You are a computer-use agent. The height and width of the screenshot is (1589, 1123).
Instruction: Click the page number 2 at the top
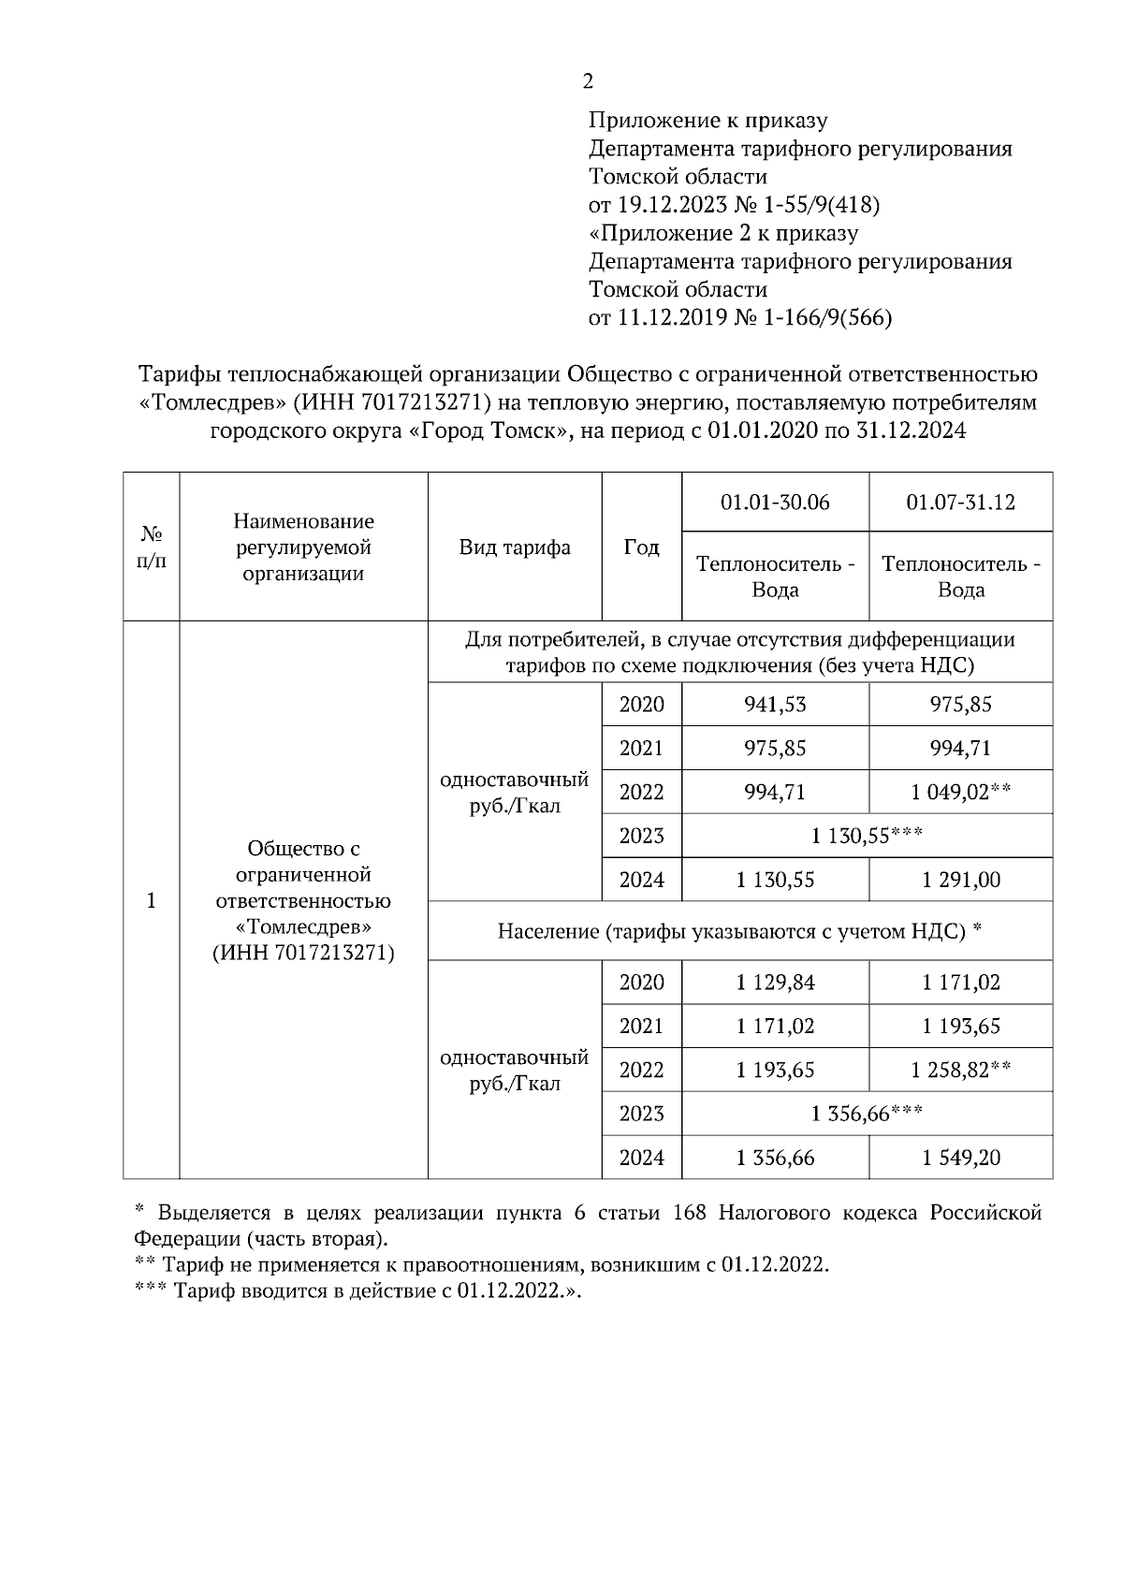point(588,82)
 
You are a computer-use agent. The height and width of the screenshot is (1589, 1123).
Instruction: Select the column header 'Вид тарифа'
point(515,547)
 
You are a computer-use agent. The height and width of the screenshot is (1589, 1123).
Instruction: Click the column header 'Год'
point(641,547)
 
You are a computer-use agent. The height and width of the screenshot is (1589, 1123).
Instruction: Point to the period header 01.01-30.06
point(775,503)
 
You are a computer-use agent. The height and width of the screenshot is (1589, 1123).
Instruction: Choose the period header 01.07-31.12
point(960,503)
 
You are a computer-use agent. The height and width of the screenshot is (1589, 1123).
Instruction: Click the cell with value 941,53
point(775,705)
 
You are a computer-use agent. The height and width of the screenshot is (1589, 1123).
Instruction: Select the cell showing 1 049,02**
point(960,793)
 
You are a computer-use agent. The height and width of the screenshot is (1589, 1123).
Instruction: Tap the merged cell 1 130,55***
point(867,836)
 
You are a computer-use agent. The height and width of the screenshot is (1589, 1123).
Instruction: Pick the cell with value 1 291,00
point(960,880)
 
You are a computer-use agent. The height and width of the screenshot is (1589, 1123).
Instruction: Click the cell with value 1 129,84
point(775,983)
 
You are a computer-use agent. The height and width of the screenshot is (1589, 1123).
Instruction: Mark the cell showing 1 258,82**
point(960,1070)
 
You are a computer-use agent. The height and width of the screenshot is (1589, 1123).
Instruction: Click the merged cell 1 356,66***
point(867,1114)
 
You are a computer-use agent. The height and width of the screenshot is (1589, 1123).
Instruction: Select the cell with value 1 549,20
point(960,1158)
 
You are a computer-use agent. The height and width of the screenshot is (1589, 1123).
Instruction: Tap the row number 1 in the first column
point(151,900)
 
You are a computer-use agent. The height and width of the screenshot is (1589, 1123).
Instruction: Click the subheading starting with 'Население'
point(739,931)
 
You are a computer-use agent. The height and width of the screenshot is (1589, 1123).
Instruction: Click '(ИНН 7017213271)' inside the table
point(303,954)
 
